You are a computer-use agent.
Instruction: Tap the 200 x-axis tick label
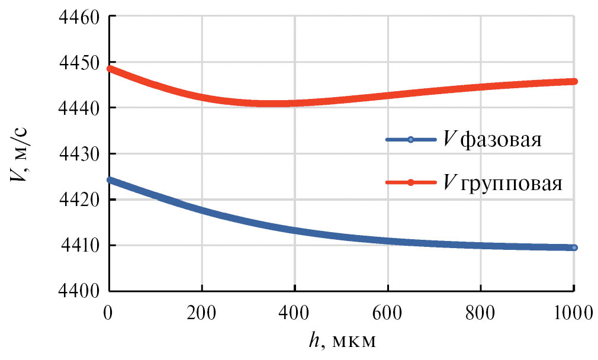202,311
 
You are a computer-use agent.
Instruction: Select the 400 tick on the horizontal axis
295,311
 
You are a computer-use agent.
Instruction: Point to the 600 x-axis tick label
388,311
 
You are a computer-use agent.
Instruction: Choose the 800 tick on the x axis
481,311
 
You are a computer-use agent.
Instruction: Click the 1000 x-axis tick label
573,311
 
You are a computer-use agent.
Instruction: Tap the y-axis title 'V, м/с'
22,153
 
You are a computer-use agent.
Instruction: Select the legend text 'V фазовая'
493,141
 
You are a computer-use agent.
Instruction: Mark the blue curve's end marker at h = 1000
574,247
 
